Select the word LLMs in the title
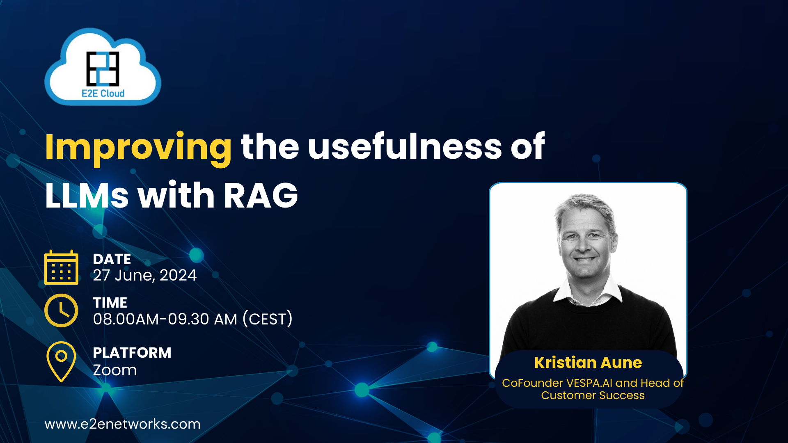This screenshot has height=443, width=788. point(87,196)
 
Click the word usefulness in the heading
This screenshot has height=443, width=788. point(404,146)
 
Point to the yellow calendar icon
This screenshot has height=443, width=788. point(61,267)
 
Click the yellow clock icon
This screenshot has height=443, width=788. point(61,311)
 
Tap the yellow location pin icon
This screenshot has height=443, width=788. point(61,361)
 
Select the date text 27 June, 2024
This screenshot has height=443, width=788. point(144,275)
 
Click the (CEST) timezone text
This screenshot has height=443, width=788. point(268,319)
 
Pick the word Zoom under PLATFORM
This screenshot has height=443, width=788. point(115,370)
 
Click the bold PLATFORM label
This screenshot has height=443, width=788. point(132,352)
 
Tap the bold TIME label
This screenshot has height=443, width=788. point(110,302)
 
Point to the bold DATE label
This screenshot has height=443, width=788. point(112,259)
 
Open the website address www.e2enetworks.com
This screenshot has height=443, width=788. point(122,424)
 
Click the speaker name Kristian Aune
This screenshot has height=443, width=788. point(588,363)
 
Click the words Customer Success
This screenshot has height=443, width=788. point(592,395)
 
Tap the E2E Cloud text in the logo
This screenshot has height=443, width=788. point(103,94)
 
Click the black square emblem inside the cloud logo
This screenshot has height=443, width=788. point(103,69)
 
